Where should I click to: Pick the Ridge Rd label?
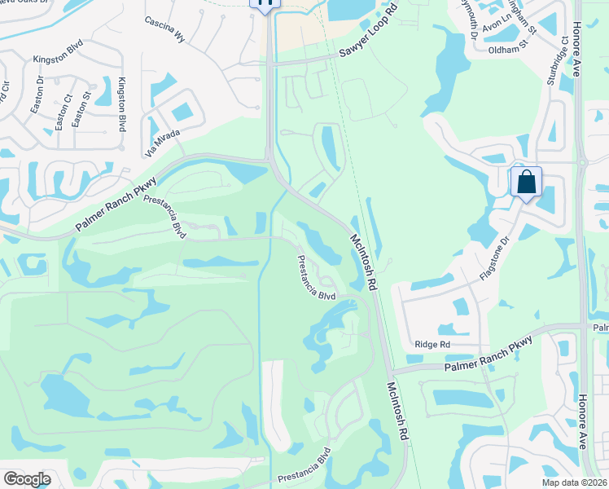[x=432, y=345]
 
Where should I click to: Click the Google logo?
[x=27, y=479]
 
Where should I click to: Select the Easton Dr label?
[x=41, y=91]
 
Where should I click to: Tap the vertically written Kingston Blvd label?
[x=122, y=104]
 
